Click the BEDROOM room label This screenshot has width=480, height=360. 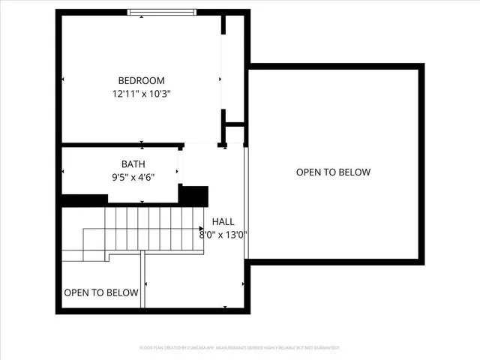point(141,81)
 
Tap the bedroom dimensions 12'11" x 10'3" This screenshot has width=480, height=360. point(141,94)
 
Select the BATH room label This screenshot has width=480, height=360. point(133,164)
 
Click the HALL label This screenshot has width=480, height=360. point(223,222)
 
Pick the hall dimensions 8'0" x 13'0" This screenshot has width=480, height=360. point(223,235)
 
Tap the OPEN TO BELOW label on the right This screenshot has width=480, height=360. point(333,172)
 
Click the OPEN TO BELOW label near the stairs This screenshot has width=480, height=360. point(101,292)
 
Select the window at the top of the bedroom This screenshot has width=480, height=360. point(161,11)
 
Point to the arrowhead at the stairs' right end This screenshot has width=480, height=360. point(201,228)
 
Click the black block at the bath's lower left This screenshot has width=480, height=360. point(85,200)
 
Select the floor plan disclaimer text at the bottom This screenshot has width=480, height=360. point(239,348)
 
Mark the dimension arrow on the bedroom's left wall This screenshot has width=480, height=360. point(63,79)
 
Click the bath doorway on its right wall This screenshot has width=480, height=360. point(180,165)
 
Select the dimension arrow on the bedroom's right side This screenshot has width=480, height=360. point(220,79)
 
